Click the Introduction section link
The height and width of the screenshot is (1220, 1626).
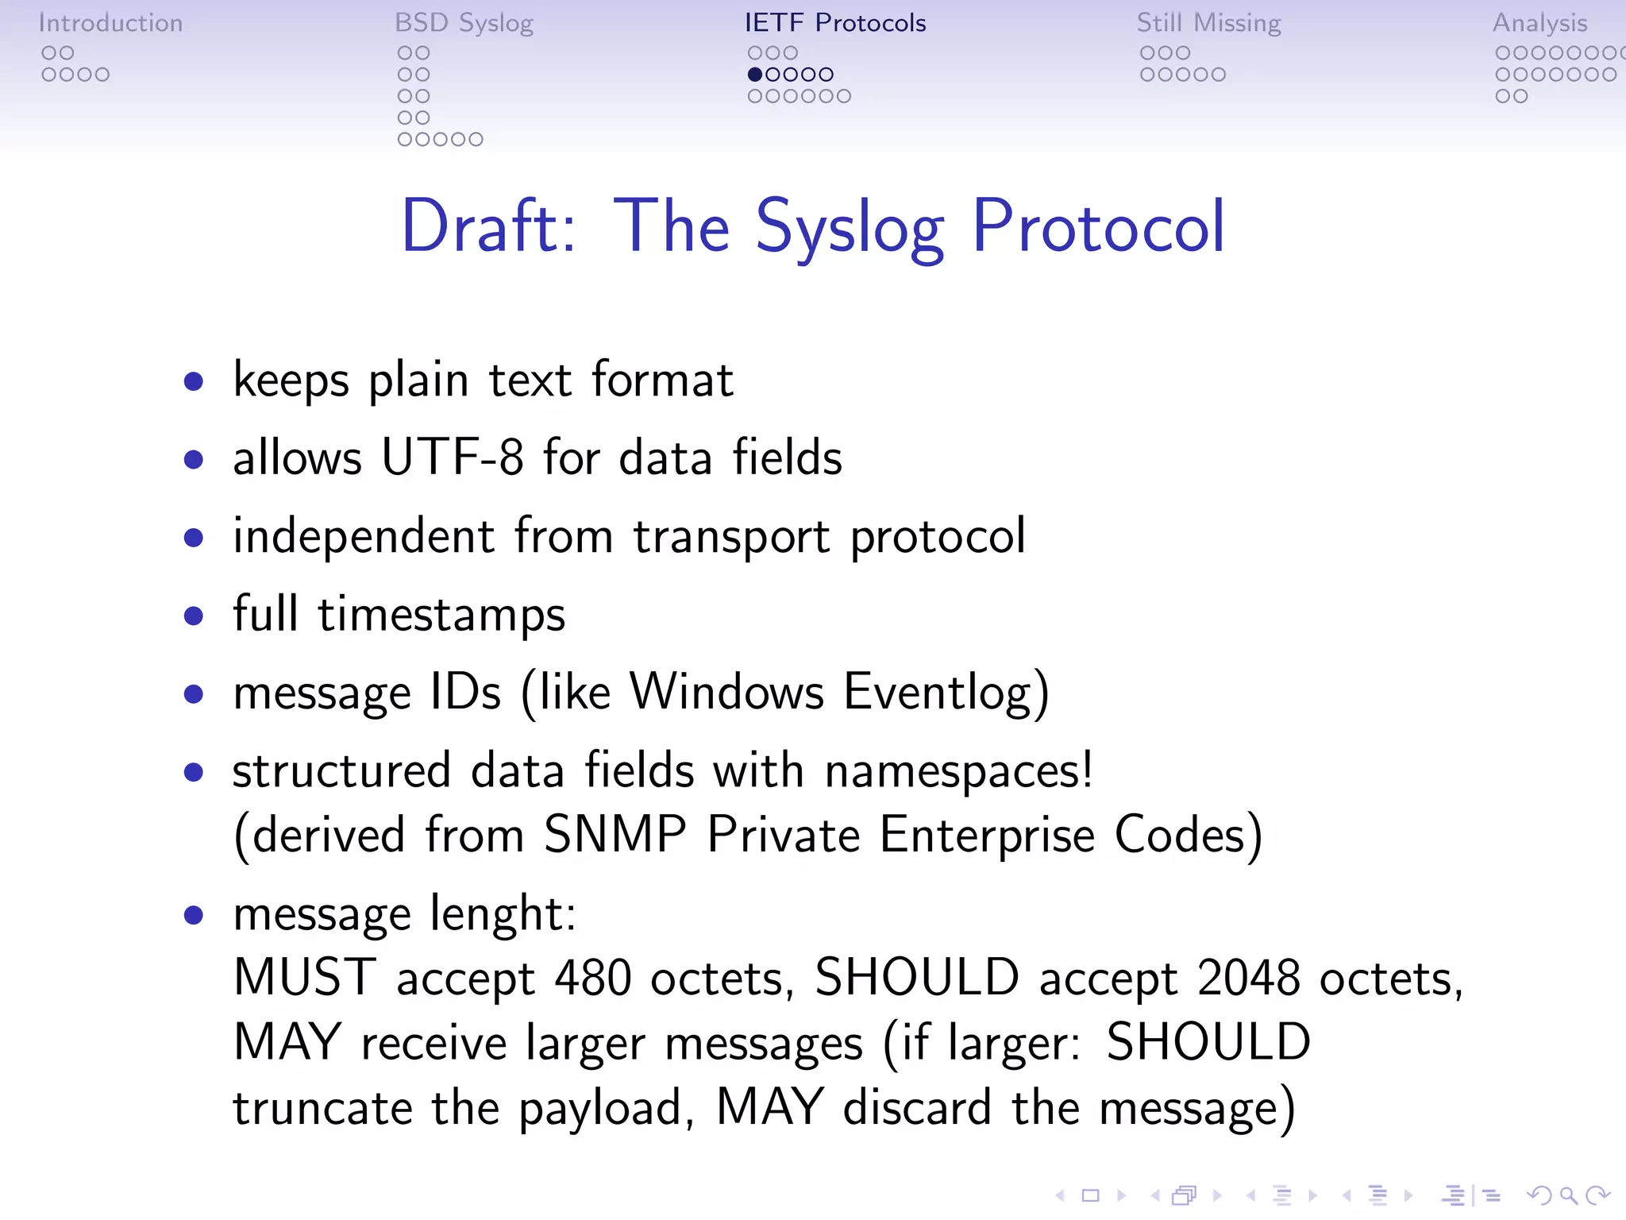(x=110, y=23)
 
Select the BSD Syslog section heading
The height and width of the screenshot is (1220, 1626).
(x=464, y=23)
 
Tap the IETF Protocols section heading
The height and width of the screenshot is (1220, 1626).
(x=835, y=23)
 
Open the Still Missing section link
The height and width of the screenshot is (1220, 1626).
(x=1208, y=23)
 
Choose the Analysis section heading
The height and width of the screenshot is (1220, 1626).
(x=1539, y=23)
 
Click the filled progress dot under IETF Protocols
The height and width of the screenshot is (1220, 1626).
(x=755, y=75)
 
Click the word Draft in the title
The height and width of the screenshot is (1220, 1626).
(x=487, y=227)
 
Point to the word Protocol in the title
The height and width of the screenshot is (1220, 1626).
(x=1098, y=227)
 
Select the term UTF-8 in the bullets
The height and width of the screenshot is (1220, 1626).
(x=452, y=457)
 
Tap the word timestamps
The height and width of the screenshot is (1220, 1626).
(x=441, y=615)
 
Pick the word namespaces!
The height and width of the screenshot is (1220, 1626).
(x=959, y=771)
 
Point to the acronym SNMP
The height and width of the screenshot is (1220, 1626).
(x=615, y=835)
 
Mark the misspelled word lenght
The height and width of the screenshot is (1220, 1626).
(x=502, y=914)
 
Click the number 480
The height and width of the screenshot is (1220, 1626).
(x=592, y=978)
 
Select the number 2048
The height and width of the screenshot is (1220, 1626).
(x=1248, y=978)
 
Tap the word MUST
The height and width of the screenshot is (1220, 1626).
(x=305, y=978)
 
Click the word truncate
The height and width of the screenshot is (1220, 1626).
(x=322, y=1107)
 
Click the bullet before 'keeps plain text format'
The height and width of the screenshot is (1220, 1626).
(x=193, y=382)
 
